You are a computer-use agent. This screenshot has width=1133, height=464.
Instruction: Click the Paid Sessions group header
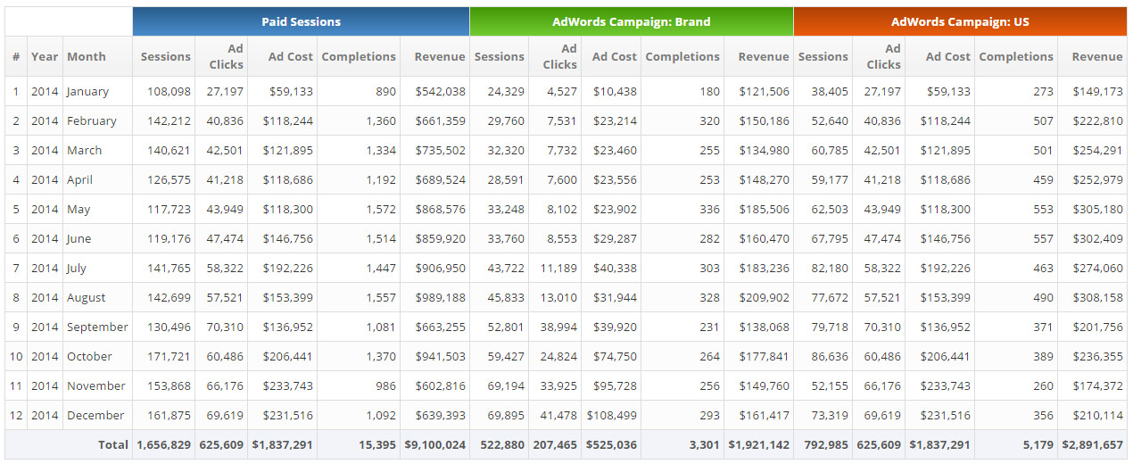point(301,21)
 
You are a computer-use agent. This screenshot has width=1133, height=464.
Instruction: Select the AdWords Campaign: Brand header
point(631,21)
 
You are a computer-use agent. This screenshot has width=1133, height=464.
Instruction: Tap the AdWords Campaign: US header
point(960,21)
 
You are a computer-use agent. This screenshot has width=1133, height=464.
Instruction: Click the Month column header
point(87,56)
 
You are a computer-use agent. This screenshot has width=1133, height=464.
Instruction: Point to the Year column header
point(45,56)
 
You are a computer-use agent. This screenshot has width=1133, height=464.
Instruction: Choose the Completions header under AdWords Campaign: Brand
point(682,56)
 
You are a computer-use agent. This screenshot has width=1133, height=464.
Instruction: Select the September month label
point(97,327)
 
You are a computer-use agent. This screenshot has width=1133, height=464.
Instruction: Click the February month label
point(92,120)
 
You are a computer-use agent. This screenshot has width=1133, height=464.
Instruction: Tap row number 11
point(16,385)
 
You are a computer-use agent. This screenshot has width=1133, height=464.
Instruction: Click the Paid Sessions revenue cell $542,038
point(440,91)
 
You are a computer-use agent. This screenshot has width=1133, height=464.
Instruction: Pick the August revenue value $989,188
point(440,297)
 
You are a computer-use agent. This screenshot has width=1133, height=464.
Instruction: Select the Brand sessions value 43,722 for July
point(505,268)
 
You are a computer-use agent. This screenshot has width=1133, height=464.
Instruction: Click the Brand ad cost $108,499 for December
point(611,415)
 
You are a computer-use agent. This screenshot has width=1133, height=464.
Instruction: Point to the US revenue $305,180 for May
point(1096,209)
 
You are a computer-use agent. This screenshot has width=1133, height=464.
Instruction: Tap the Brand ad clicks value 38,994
point(558,327)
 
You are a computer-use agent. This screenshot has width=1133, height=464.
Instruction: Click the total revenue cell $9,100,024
point(435,444)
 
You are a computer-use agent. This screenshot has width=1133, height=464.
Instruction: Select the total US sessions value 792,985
point(823,444)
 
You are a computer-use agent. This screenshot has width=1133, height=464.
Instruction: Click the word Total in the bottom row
point(113,444)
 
